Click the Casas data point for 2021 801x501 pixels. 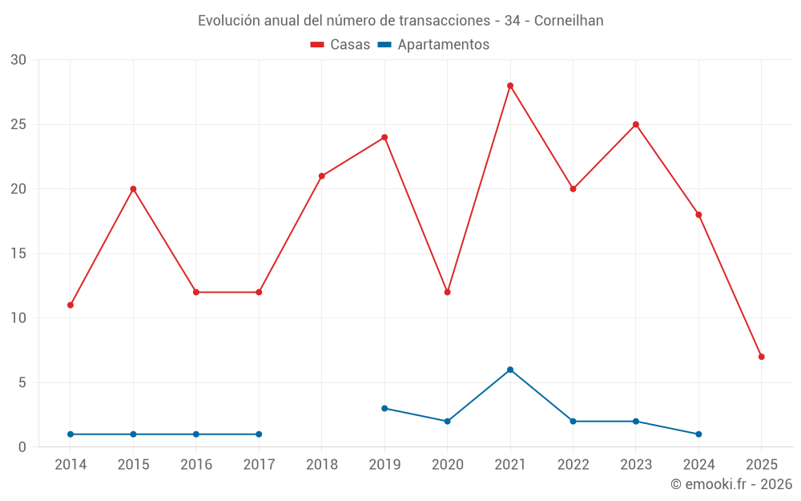tap(510, 86)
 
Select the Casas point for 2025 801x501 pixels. tap(762, 357)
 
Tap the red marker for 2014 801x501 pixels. tap(70, 305)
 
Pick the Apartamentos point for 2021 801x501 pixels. tap(510, 370)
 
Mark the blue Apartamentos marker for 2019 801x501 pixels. tap(384, 408)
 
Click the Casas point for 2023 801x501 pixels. tap(636, 124)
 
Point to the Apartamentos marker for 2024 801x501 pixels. tap(699, 434)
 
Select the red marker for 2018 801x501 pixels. tap(322, 176)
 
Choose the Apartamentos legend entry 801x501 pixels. tap(443, 45)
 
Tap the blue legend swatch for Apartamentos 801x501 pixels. tap(385, 45)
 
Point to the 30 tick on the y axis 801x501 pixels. tap(18, 60)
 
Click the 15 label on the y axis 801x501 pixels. tap(18, 254)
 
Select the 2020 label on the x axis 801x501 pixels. tap(448, 464)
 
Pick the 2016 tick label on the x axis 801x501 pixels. tap(196, 464)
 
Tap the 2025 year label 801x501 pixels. tap(762, 464)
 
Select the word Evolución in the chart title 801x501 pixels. tap(228, 20)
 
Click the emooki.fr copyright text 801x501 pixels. tap(731, 484)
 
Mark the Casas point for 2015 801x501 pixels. tap(133, 189)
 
